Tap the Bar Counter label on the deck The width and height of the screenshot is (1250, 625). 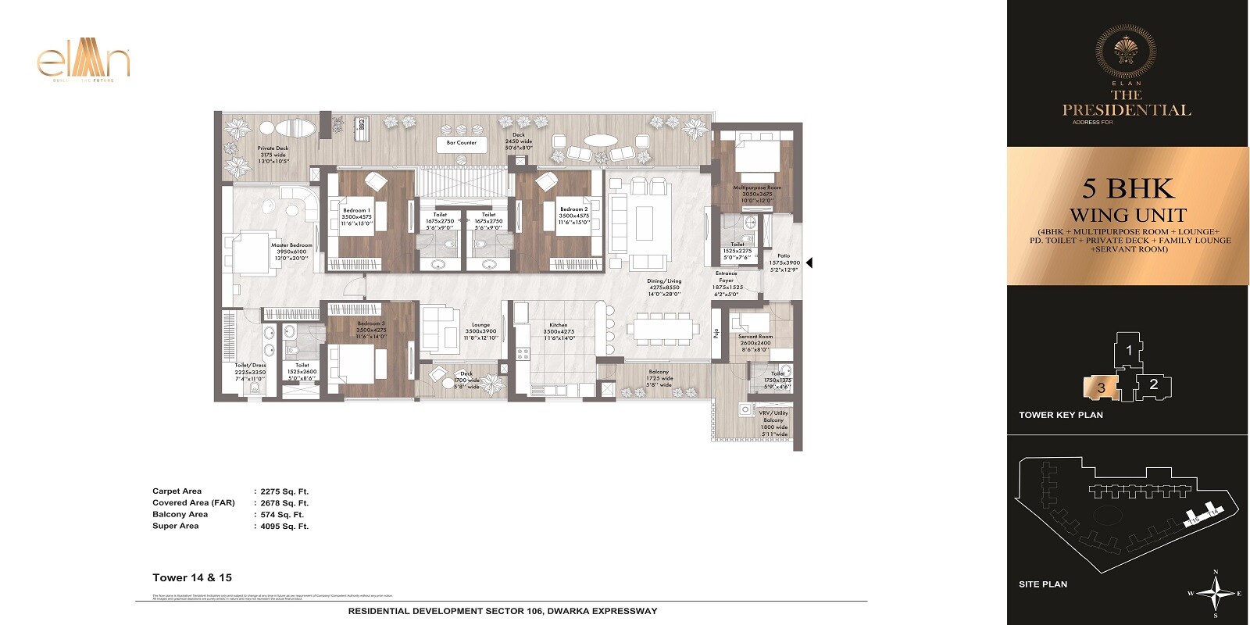(461, 143)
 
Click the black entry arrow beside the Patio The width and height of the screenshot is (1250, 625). (809, 263)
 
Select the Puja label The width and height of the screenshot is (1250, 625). (715, 334)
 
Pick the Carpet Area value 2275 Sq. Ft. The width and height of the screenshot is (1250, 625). (284, 491)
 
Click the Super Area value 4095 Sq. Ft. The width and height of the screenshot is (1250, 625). (284, 527)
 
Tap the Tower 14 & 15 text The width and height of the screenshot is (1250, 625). (192, 577)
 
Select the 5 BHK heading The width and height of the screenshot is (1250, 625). (1127, 189)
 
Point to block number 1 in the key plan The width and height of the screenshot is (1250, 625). (1129, 351)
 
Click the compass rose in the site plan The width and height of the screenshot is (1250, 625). (1216, 593)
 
